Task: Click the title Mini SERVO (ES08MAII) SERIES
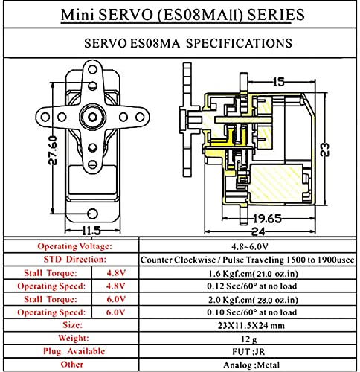(179, 13)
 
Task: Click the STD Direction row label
(70, 260)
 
